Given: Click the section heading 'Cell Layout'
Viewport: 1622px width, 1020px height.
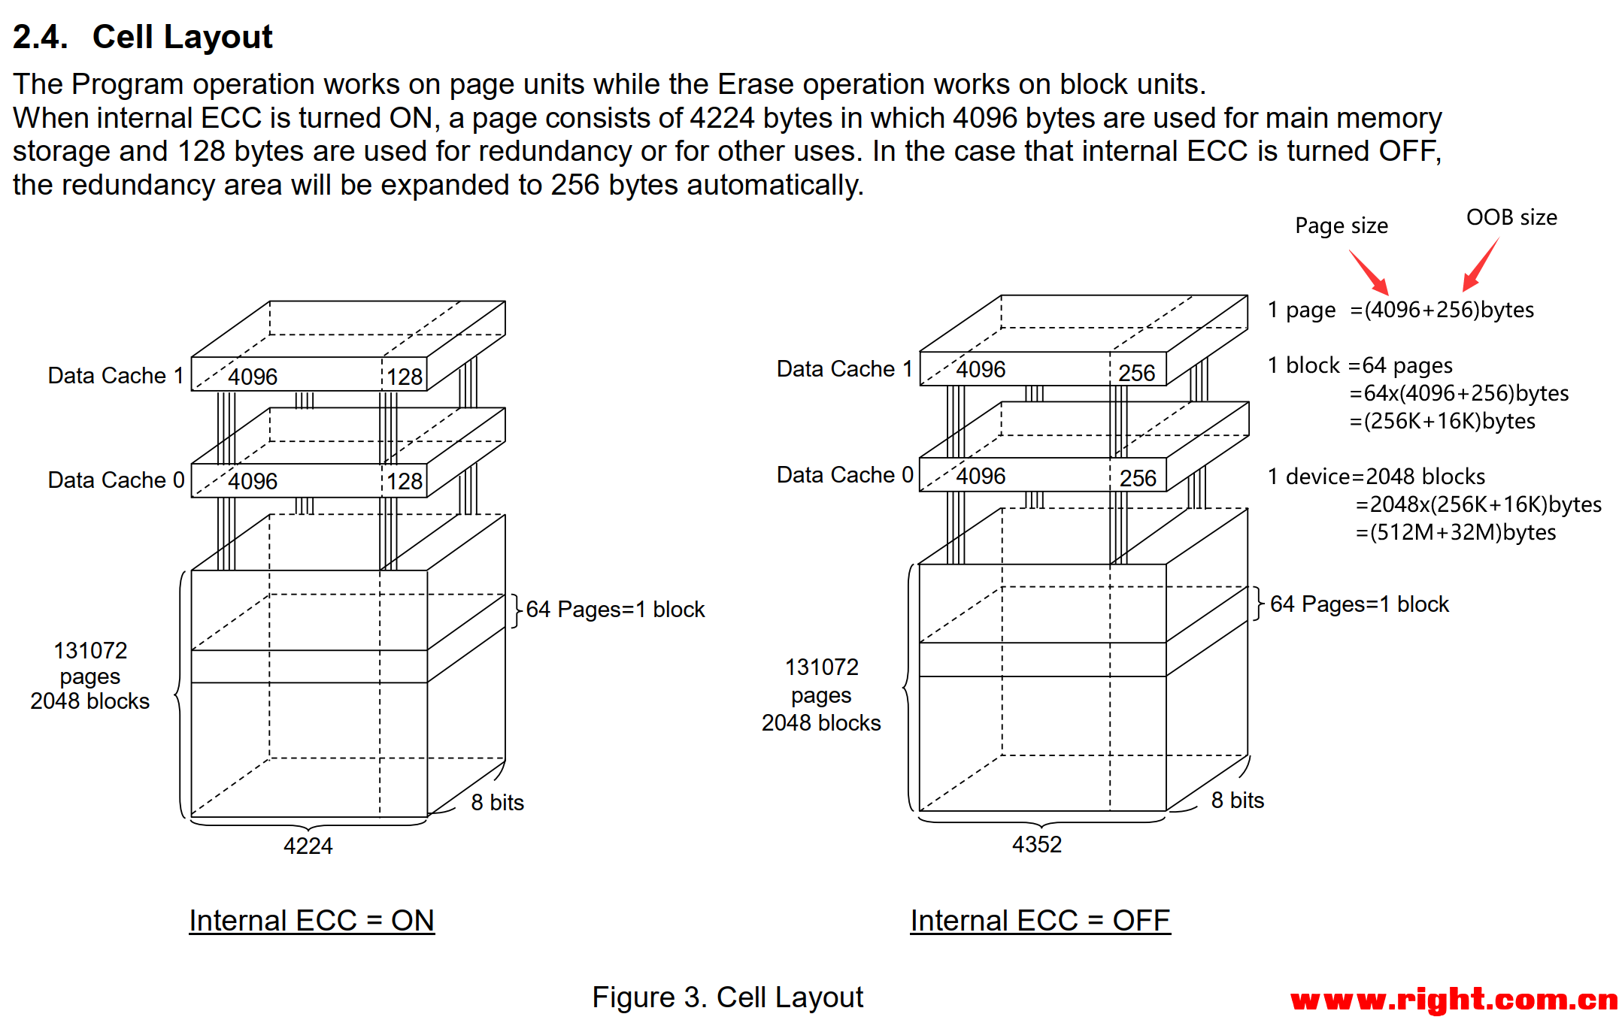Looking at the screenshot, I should tap(182, 37).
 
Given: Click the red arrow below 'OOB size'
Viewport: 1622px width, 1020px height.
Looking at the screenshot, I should tap(1481, 265).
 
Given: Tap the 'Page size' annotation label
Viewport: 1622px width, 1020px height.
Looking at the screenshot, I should tap(1341, 225).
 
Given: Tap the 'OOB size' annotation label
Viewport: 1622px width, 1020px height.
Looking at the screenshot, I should tap(1511, 217).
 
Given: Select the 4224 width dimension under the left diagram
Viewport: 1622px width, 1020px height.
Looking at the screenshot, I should tap(308, 846).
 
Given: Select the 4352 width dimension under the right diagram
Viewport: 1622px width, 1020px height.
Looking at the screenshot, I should tap(1036, 844).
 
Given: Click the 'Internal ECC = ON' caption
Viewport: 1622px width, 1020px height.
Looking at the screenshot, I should tap(311, 920).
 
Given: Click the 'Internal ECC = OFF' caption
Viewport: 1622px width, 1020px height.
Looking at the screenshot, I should tap(1040, 920).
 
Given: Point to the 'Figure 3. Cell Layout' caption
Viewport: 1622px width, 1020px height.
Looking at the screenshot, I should tap(727, 997).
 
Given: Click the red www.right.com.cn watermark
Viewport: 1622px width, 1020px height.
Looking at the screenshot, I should tap(1454, 1000).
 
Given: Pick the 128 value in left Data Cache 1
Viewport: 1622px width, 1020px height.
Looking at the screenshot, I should tap(405, 377).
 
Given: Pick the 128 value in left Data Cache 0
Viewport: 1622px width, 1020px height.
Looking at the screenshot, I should tap(405, 481).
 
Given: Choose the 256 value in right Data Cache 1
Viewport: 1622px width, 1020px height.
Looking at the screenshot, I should tap(1136, 373).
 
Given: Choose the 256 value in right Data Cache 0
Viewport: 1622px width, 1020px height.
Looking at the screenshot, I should tap(1138, 478).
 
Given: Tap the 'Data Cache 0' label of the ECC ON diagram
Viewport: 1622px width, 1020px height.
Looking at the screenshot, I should tap(116, 480).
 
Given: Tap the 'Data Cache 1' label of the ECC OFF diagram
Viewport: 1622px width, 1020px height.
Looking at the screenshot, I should tap(844, 368).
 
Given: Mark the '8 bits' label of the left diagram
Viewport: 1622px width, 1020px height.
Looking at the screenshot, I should tap(497, 802).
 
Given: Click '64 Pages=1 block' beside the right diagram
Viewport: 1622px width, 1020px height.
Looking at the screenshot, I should tap(1359, 604).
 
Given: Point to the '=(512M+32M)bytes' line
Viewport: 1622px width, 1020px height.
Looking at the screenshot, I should tap(1455, 532).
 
